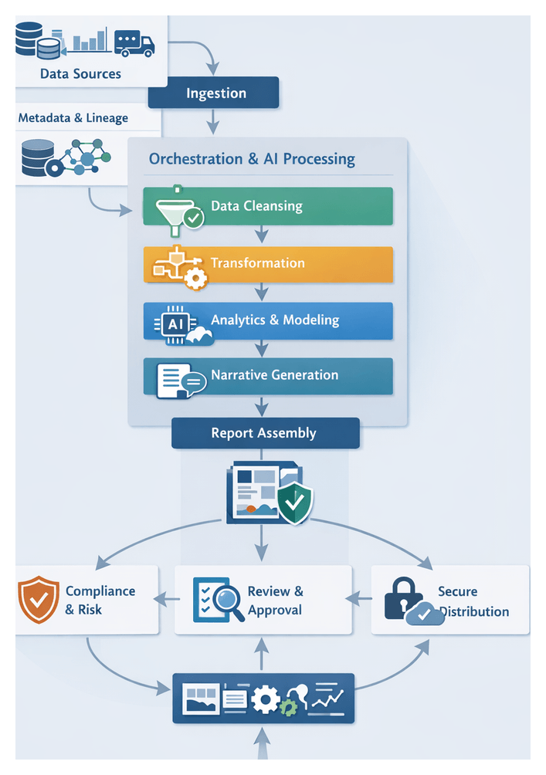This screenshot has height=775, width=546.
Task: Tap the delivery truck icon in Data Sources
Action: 134,42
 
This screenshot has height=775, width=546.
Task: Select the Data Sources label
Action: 80,74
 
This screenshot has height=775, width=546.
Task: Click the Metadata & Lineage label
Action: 73,118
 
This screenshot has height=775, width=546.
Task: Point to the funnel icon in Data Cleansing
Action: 175,208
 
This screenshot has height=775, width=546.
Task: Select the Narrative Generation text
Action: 274,375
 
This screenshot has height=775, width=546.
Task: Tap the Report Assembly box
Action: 265,433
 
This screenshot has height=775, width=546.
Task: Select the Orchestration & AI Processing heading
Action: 252,159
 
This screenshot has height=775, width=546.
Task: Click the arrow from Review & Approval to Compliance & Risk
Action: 165,597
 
